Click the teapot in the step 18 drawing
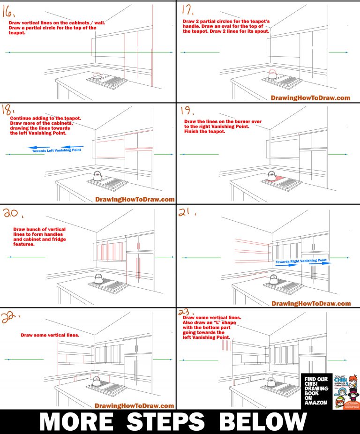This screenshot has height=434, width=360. pyautogui.click(x=97, y=176)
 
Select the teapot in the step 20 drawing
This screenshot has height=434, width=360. pyautogui.click(x=99, y=279)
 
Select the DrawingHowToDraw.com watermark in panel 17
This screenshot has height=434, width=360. pyautogui.click(x=310, y=98)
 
